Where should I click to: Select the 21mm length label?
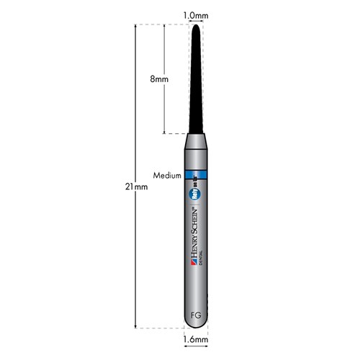[135, 186]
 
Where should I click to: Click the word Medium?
[167, 175]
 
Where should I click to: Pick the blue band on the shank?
[197, 175]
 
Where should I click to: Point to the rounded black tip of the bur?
[196, 27]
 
